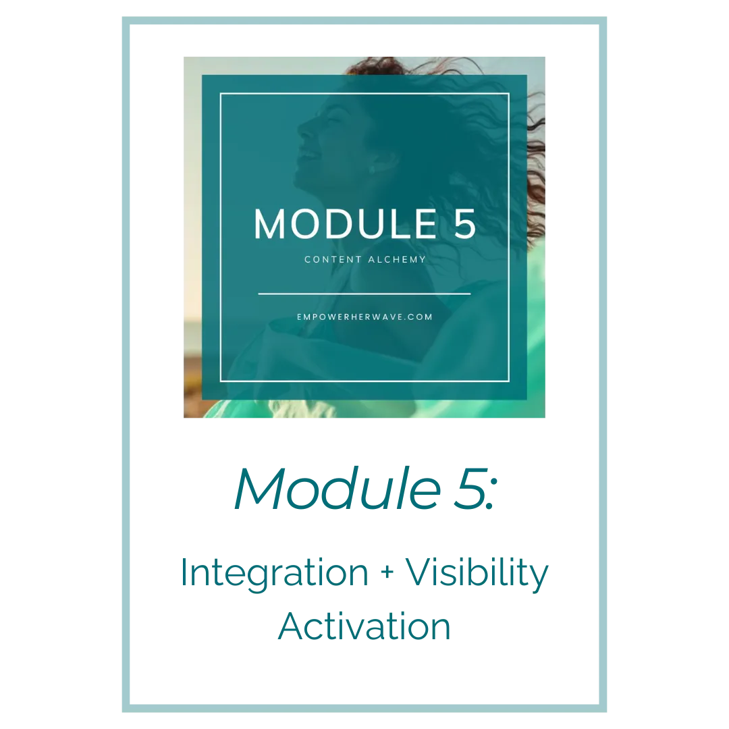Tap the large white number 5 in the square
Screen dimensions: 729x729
464,224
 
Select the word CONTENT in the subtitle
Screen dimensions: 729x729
333,259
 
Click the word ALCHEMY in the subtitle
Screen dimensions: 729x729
397,259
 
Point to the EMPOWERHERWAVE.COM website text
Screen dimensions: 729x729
364,317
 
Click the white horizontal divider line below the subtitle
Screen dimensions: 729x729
364,294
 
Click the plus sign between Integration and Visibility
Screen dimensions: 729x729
387,573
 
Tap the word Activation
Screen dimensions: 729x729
364,626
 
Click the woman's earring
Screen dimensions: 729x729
371,170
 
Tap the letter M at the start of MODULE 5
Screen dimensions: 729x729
269,224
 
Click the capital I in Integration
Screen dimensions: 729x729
184,572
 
